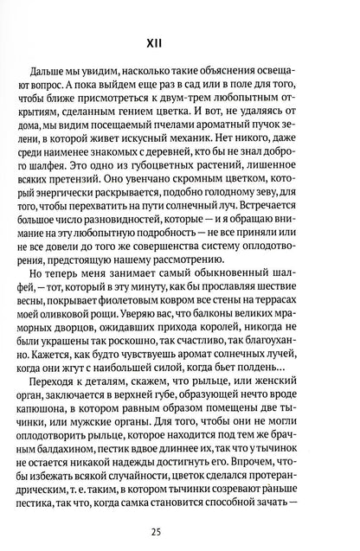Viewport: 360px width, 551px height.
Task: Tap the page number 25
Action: click(179, 521)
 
